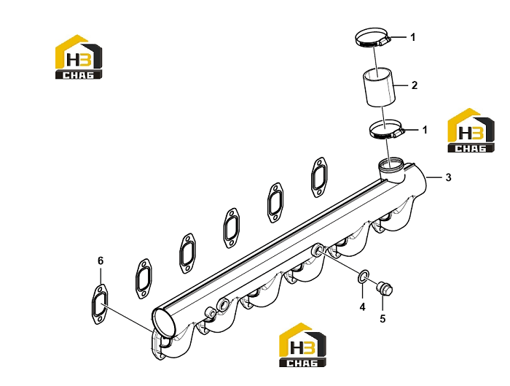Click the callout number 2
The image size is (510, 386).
point(414,85)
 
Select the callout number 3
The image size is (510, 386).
point(448,177)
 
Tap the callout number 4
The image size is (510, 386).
point(362,306)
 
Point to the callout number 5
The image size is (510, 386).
point(382,318)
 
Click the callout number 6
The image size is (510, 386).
point(101,260)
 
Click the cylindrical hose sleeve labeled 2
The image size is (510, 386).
point(379,87)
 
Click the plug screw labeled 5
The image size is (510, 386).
point(385,288)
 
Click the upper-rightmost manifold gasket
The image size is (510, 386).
point(319,177)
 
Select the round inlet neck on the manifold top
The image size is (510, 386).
point(391,169)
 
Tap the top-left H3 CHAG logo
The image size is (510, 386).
point(79,57)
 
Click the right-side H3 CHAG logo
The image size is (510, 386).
point(471,131)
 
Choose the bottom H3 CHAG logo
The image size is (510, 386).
point(303,344)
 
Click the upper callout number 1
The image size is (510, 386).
point(413,37)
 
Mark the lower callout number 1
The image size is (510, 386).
point(425,130)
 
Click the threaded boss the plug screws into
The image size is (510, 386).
point(317,250)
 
